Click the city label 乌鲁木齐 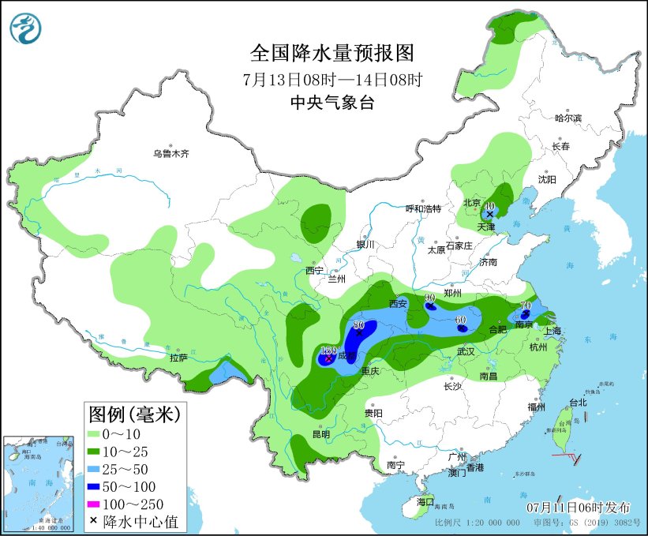[171, 154]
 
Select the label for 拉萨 [178, 358]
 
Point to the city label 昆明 [320, 434]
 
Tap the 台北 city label [579, 403]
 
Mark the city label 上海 [551, 331]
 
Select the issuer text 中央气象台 [331, 103]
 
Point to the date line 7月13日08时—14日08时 [331, 79]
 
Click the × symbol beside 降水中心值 [94, 521]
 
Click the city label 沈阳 [547, 179]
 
